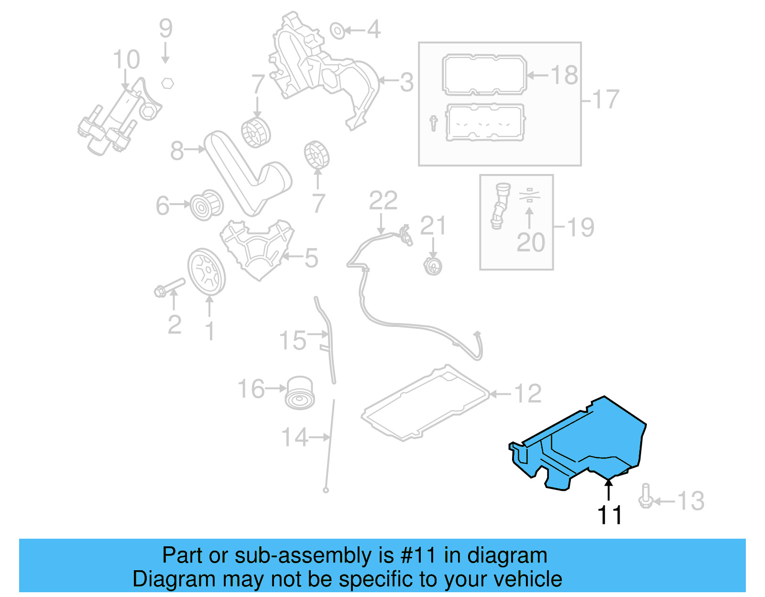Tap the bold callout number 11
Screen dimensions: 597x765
coord(610,515)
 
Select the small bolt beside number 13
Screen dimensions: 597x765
coord(645,497)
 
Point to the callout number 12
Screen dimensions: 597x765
coord(528,393)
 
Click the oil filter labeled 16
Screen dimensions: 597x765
coord(300,392)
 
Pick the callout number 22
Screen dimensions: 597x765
coord(383,201)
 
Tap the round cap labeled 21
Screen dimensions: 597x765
coord(433,266)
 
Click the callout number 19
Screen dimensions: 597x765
coord(581,227)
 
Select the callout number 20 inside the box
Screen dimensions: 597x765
coord(531,243)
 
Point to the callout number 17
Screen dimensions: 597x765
coord(606,99)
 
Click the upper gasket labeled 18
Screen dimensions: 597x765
coord(484,75)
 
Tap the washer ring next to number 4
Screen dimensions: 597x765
coord(338,31)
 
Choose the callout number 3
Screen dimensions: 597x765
coord(406,82)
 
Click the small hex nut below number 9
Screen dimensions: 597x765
coord(167,83)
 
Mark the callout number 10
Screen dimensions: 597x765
coord(126,60)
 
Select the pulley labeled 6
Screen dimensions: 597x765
coord(206,206)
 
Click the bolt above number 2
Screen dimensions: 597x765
coord(170,287)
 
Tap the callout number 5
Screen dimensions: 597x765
coord(311,258)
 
